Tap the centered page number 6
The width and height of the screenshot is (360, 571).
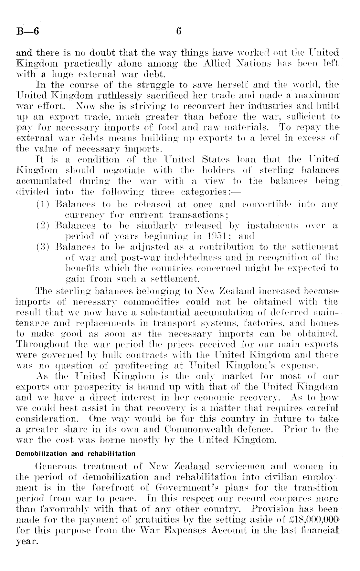179,32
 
